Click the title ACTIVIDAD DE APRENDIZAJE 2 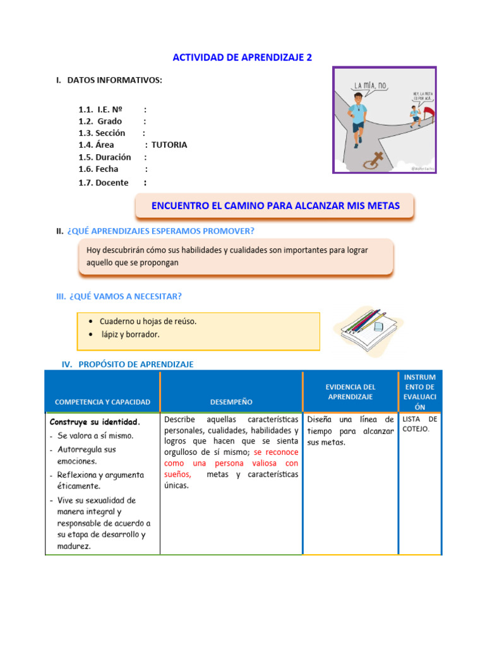pyautogui.click(x=242, y=57)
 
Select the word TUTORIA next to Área pyautogui.click(x=169, y=145)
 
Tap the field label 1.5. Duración pyautogui.click(x=105, y=157)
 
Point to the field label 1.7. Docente pyautogui.click(x=104, y=183)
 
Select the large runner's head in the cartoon pyautogui.click(x=359, y=100)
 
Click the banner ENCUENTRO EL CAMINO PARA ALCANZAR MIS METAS pyautogui.click(x=275, y=206)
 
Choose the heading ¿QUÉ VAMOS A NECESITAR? pyautogui.click(x=124, y=296)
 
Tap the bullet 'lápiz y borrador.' pyautogui.click(x=130, y=334)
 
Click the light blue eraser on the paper pyautogui.click(x=378, y=327)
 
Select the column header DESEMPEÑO pyautogui.click(x=231, y=402)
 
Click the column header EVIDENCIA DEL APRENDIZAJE pyautogui.click(x=350, y=391)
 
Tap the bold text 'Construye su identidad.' pyautogui.click(x=95, y=421)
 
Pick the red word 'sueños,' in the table pyautogui.click(x=177, y=474)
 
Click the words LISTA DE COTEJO pyautogui.click(x=419, y=424)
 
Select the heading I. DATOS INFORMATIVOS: pyautogui.click(x=109, y=80)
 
